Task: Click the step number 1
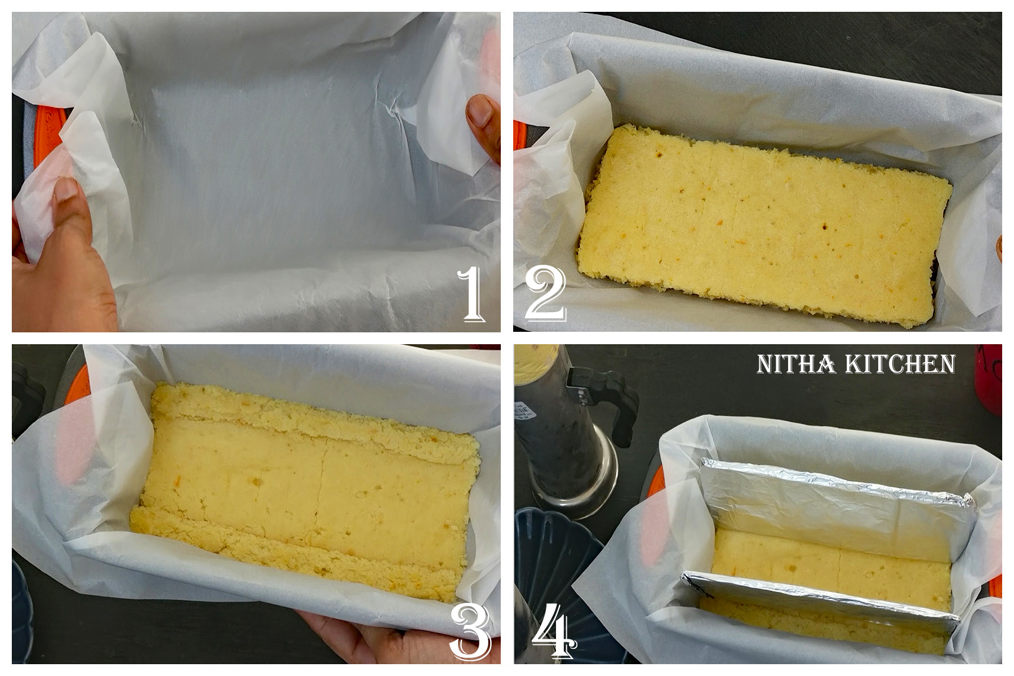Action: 472,293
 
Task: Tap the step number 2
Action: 545,293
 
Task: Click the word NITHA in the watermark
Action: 795,364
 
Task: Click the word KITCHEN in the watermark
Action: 900,364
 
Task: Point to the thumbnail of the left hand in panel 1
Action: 66,189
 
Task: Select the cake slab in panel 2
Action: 760,225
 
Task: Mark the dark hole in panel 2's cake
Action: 825,227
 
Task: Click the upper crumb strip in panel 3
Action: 315,420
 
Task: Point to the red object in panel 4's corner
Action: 990,377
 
